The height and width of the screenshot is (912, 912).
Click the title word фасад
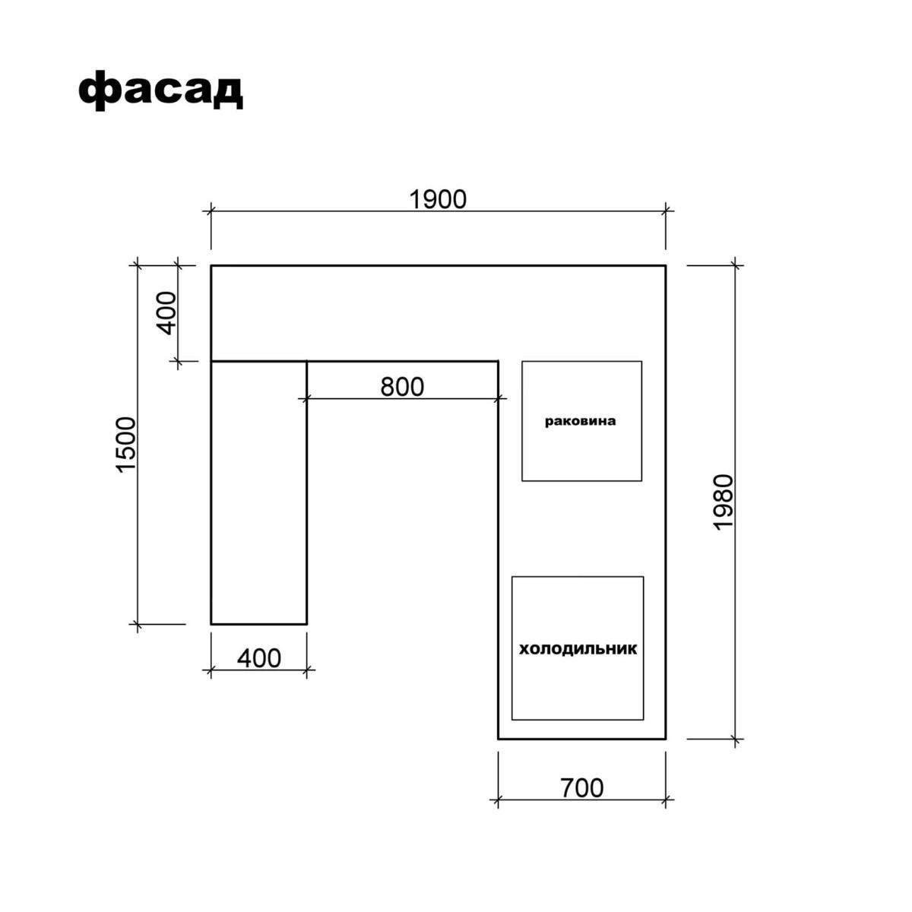coord(160,90)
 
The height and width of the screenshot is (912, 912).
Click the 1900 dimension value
coord(437,199)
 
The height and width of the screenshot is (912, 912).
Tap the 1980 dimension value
coord(723,502)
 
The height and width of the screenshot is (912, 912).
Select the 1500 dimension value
coord(126,445)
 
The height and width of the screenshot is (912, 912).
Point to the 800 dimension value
coord(402,387)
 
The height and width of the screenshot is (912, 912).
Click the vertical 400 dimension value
coord(166,313)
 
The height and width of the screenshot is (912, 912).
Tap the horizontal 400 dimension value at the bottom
coord(259,658)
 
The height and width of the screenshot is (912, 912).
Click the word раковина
coord(580,421)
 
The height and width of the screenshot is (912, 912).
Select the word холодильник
coord(578,648)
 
